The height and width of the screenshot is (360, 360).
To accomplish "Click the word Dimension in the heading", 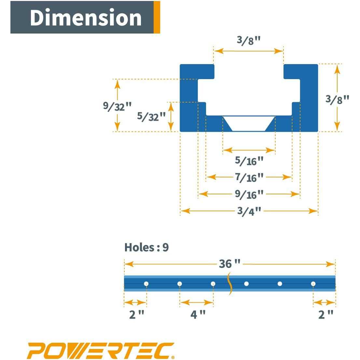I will tap(86, 18).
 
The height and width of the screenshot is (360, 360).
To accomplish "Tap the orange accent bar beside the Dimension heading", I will tap(157, 17).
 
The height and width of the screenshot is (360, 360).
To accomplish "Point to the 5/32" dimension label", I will tap(152, 116).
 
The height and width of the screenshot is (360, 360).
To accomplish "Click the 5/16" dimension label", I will tap(249, 160).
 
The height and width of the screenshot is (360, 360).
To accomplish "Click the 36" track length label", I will tap(230, 264).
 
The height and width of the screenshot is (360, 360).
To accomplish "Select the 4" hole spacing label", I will tap(198, 314).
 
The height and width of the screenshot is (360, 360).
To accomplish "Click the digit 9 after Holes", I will tap(165, 247).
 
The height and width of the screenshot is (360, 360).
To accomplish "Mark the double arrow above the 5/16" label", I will tap(249, 150).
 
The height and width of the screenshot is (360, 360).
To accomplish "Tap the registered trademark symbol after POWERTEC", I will tap(173, 357).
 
